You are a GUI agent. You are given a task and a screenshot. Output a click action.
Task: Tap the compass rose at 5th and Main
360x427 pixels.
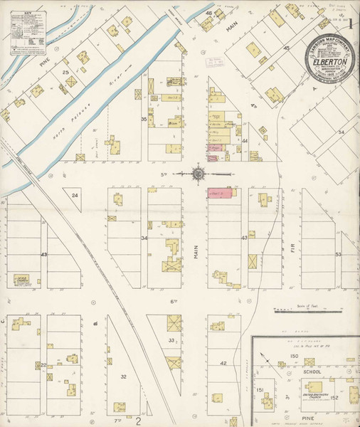coord(198,173)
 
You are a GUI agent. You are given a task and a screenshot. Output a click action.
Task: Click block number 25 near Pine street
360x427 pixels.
coord(65,73)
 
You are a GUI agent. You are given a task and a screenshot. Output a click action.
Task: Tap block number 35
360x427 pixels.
coord(144,119)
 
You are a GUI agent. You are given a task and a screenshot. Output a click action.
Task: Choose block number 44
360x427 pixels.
coord(244,141)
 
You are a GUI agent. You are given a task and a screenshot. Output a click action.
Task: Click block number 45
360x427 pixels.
coord(287,48)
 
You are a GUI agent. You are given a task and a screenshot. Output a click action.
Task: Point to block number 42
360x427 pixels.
coord(223,364)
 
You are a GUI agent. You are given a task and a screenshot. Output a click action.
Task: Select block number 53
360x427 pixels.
coord(339,254)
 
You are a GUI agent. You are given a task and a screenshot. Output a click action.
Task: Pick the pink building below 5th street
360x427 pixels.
coord(218,193)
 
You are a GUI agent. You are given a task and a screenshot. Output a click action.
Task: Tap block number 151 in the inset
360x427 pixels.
coord(260,390)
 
